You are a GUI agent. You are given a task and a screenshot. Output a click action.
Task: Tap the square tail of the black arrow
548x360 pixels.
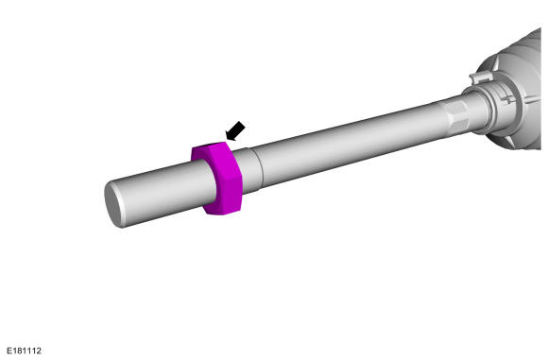(239, 127)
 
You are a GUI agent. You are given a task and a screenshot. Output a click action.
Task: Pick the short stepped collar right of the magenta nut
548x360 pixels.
(248, 170)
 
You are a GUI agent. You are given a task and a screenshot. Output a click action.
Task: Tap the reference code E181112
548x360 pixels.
(25, 351)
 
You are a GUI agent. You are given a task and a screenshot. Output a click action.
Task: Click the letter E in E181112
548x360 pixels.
(9, 351)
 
